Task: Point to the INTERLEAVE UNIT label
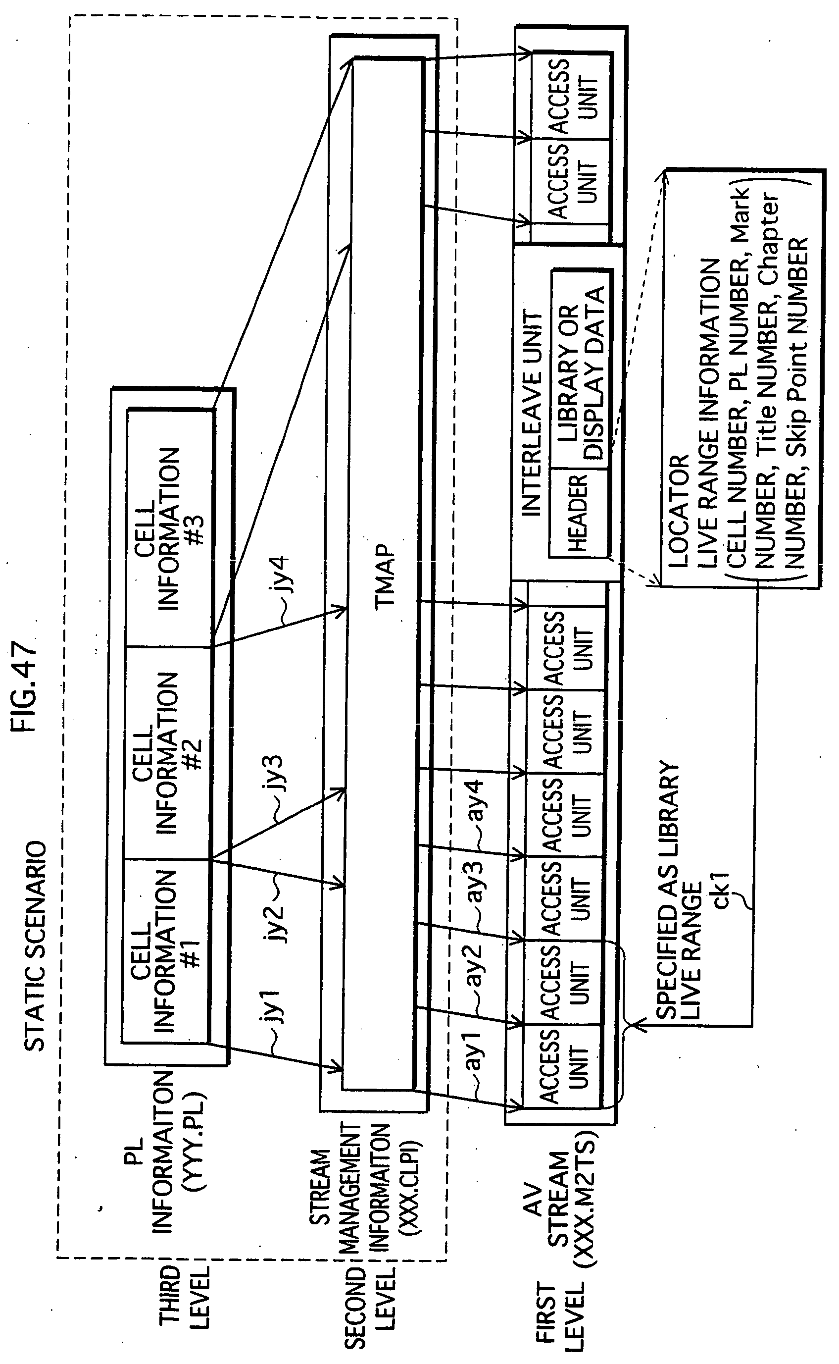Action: [x=532, y=414]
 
